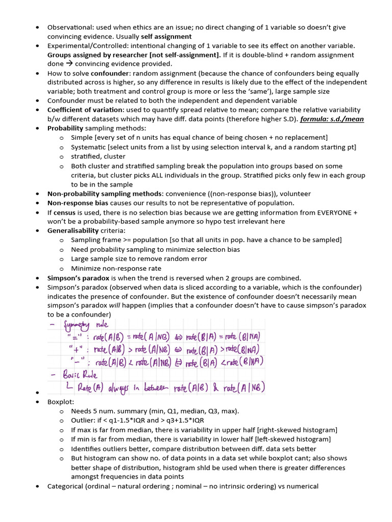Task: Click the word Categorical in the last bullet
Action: click(x=65, y=486)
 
